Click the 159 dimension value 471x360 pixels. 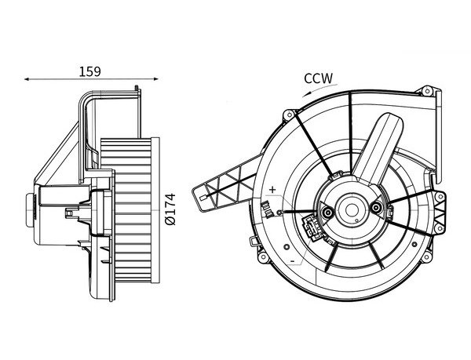tap(90, 71)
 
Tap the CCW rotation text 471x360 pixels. tap(319, 78)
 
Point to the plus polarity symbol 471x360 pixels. tap(272, 189)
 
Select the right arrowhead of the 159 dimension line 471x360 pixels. tap(155, 79)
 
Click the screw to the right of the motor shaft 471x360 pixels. tap(378, 208)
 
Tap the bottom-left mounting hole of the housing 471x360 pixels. tap(257, 255)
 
